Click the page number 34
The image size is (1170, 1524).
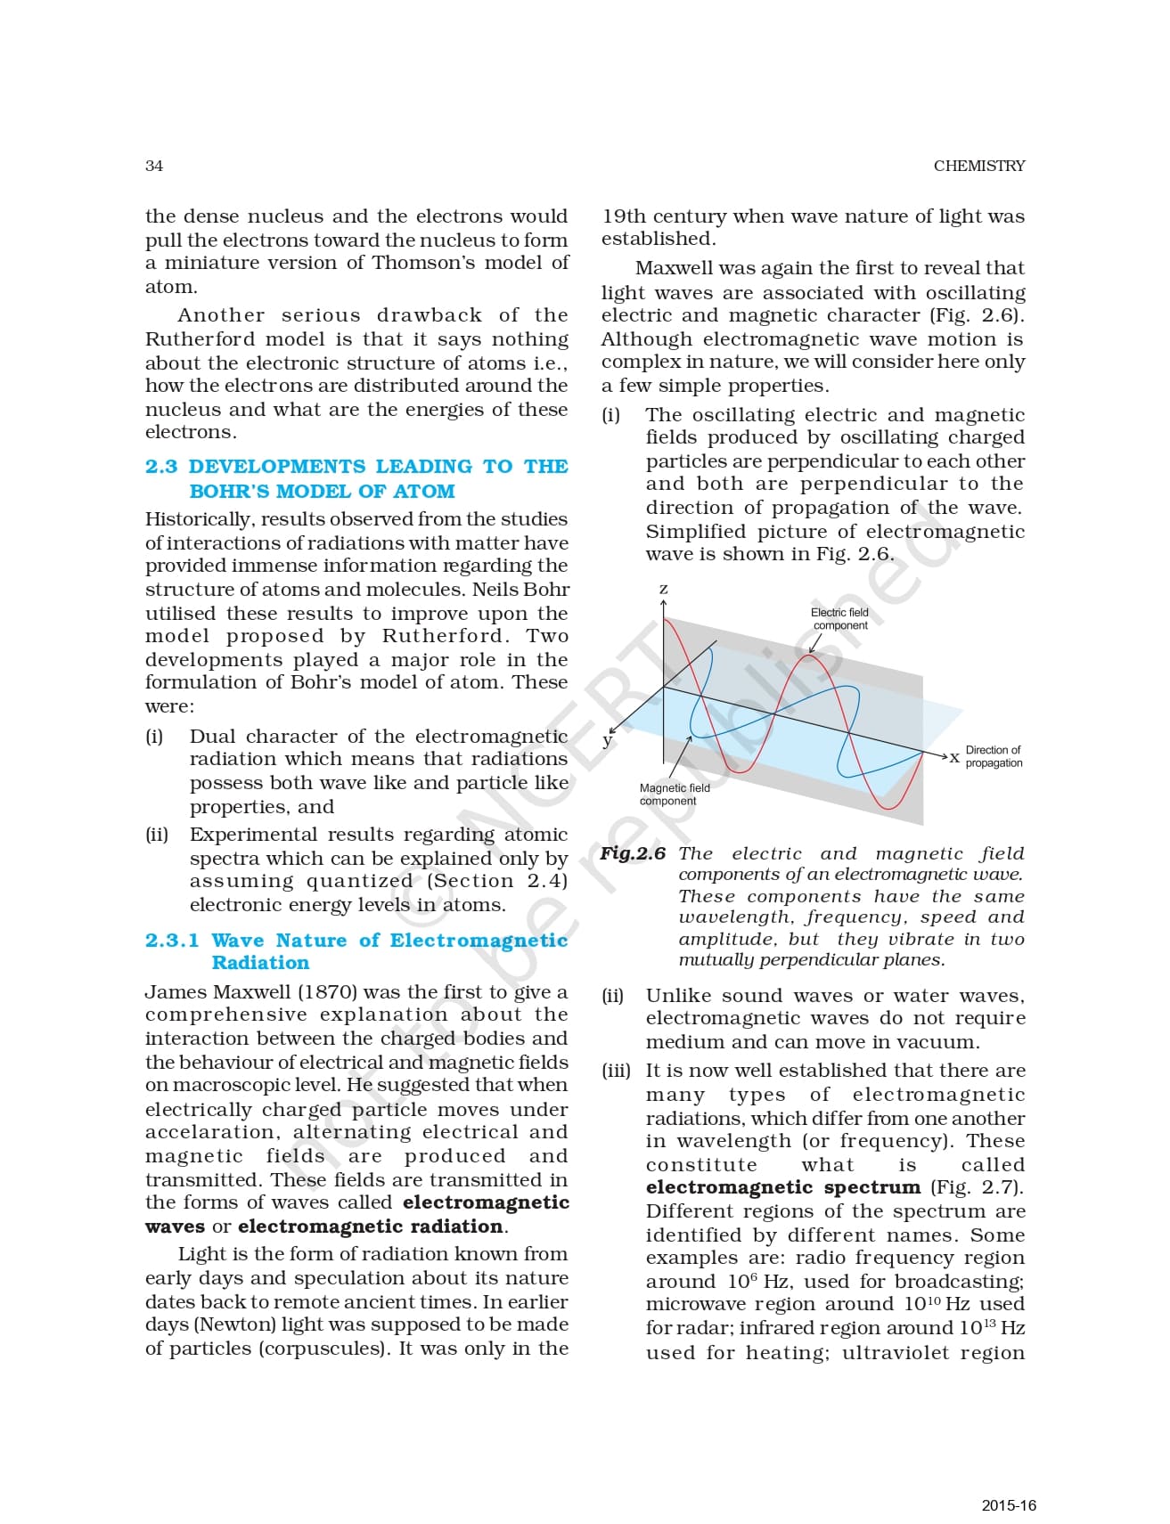click(x=154, y=166)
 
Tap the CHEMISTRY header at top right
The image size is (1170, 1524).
click(x=978, y=166)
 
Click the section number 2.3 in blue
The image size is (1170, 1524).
click(x=161, y=467)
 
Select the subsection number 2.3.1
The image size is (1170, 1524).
click(x=172, y=941)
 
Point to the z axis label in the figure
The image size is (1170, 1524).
click(x=663, y=590)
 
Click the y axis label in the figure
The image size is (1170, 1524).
click(x=608, y=740)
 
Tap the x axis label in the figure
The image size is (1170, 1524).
click(x=954, y=757)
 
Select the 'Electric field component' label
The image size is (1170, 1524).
click(x=839, y=619)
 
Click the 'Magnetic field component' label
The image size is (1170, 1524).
click(x=675, y=794)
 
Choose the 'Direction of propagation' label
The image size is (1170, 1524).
click(x=994, y=756)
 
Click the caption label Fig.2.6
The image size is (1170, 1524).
click(x=633, y=853)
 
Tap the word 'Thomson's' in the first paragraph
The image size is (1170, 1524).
click(x=416, y=263)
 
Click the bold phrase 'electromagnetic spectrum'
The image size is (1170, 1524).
click(x=782, y=1187)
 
